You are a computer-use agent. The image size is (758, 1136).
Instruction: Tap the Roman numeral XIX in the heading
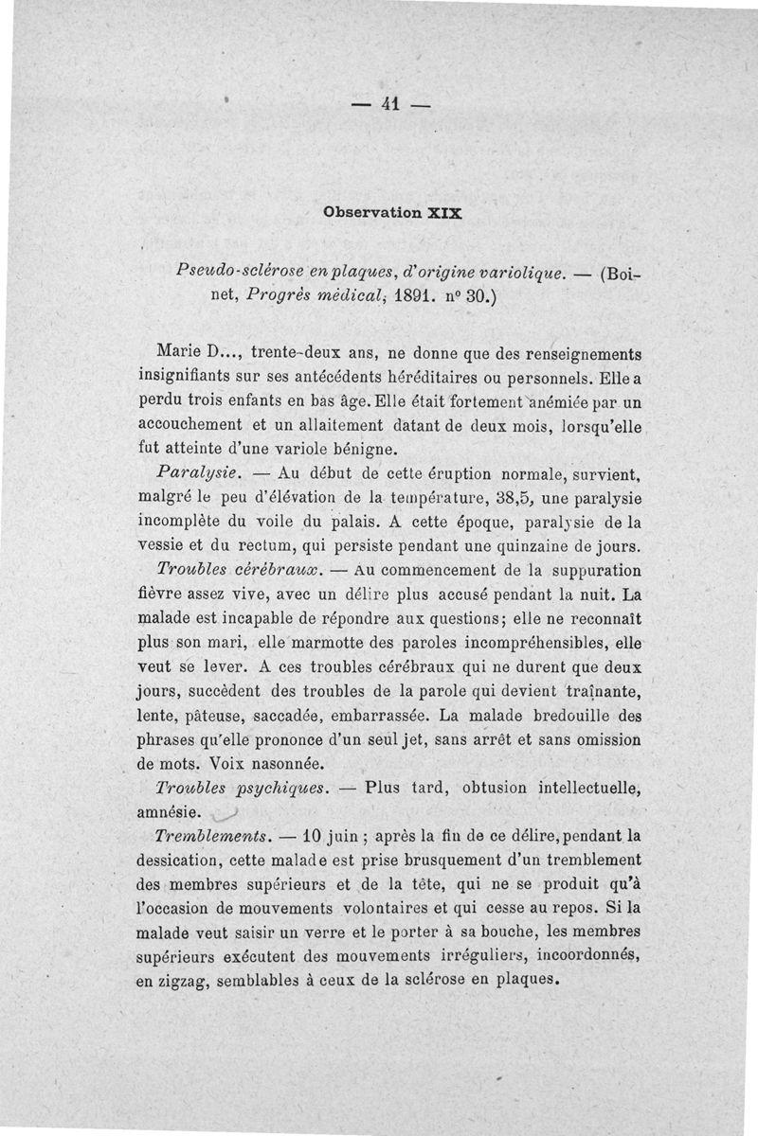[x=441, y=212]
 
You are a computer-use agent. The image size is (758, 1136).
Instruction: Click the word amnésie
[x=167, y=811]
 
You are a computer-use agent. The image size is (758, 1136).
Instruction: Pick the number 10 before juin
[x=316, y=836]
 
